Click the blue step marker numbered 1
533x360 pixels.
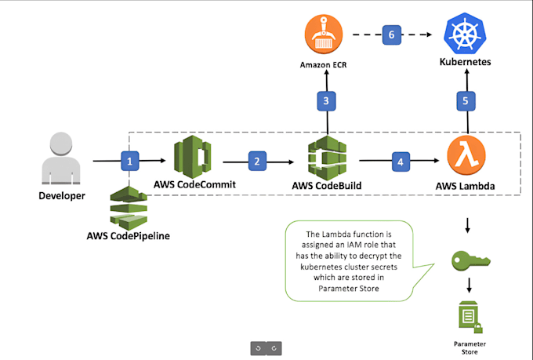click(129, 162)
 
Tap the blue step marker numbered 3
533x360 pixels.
click(327, 100)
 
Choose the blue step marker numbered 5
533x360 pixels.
click(467, 100)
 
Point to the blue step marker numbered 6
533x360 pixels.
click(392, 35)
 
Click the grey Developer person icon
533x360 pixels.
click(61, 157)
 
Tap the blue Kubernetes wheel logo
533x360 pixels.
click(466, 34)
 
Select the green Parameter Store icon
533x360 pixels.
click(468, 315)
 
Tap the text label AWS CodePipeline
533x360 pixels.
click(129, 236)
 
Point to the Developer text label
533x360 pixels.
click(61, 195)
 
